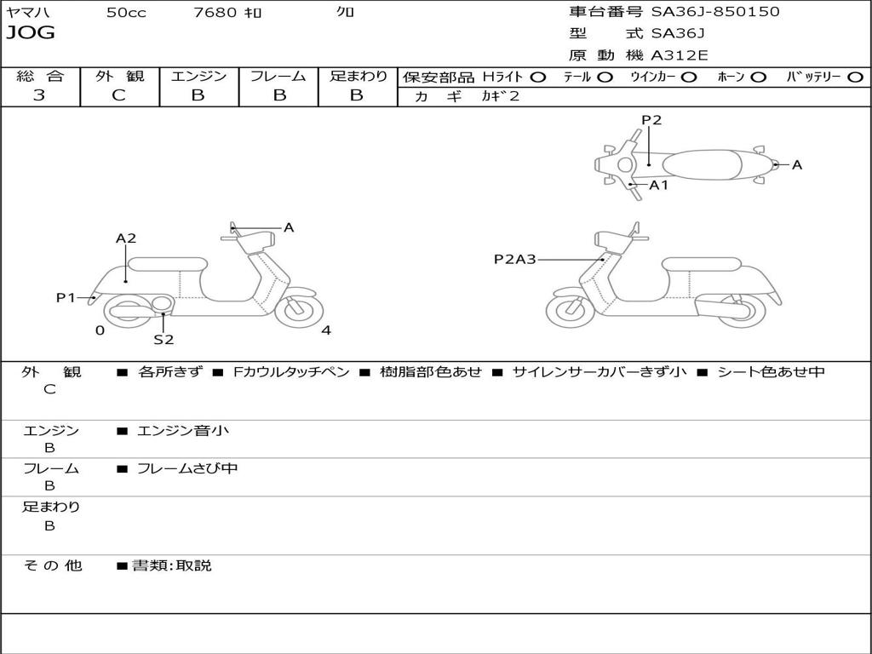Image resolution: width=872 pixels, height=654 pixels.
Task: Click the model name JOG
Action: [x=31, y=33]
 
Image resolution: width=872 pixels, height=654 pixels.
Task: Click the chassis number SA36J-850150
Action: [x=715, y=11]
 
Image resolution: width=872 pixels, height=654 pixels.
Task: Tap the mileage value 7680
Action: [x=215, y=12]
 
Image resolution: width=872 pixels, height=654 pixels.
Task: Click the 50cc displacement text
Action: [x=126, y=12]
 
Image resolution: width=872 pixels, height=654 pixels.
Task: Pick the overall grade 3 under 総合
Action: [x=39, y=95]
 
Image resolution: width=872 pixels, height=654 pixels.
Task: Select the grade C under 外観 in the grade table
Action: [x=118, y=95]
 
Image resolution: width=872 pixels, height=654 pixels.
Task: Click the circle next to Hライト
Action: [x=538, y=77]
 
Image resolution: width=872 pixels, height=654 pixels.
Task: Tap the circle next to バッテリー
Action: [x=855, y=77]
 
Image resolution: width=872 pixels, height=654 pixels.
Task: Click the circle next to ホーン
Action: [x=758, y=77]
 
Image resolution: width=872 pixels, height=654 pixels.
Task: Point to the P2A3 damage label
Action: [x=515, y=259]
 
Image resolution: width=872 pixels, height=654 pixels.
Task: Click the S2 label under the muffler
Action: [x=163, y=339]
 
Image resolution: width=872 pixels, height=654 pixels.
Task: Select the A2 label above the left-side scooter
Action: [x=126, y=238]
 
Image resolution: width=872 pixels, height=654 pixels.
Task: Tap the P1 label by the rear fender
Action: [x=66, y=297]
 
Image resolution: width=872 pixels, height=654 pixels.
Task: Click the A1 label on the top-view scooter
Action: [x=658, y=185]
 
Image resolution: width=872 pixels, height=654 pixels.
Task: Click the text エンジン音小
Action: [x=183, y=430]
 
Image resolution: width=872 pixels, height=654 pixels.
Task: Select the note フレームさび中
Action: [x=187, y=468]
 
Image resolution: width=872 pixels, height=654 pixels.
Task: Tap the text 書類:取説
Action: [x=172, y=565]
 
